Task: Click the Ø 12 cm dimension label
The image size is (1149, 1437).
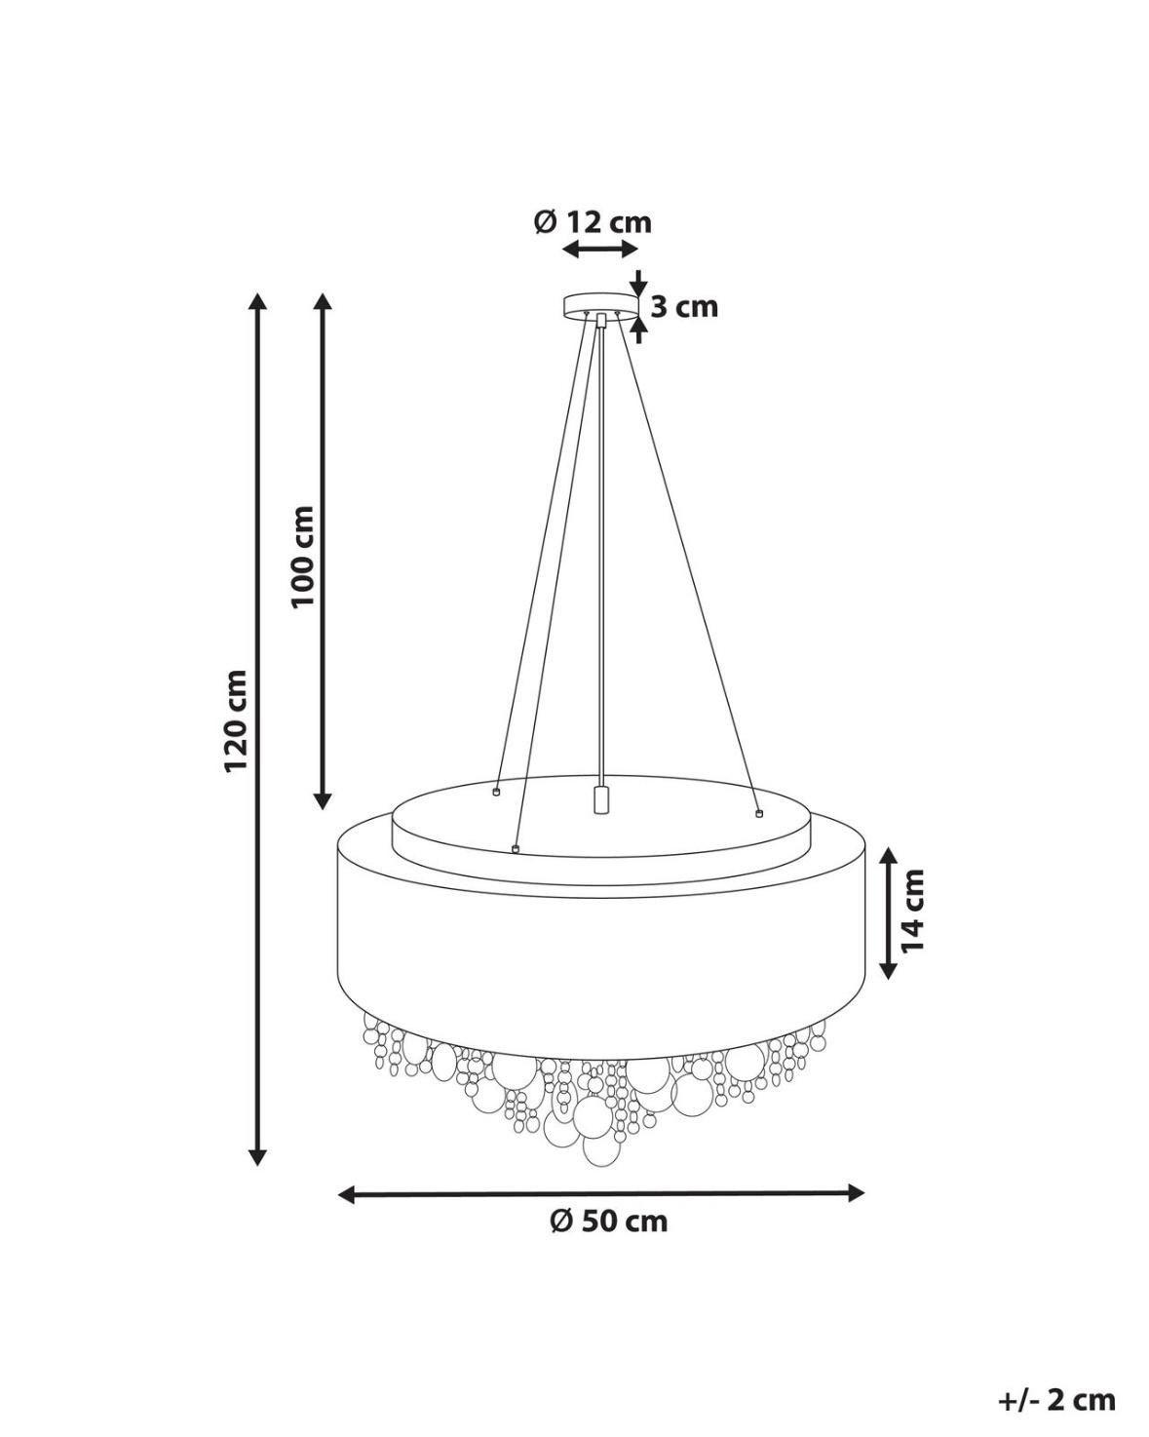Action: pyautogui.click(x=593, y=222)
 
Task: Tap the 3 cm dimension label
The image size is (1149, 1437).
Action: pyautogui.click(x=684, y=307)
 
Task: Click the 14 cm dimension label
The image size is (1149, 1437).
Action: pyautogui.click(x=912, y=910)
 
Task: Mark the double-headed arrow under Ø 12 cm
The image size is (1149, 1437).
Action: pyautogui.click(x=601, y=250)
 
